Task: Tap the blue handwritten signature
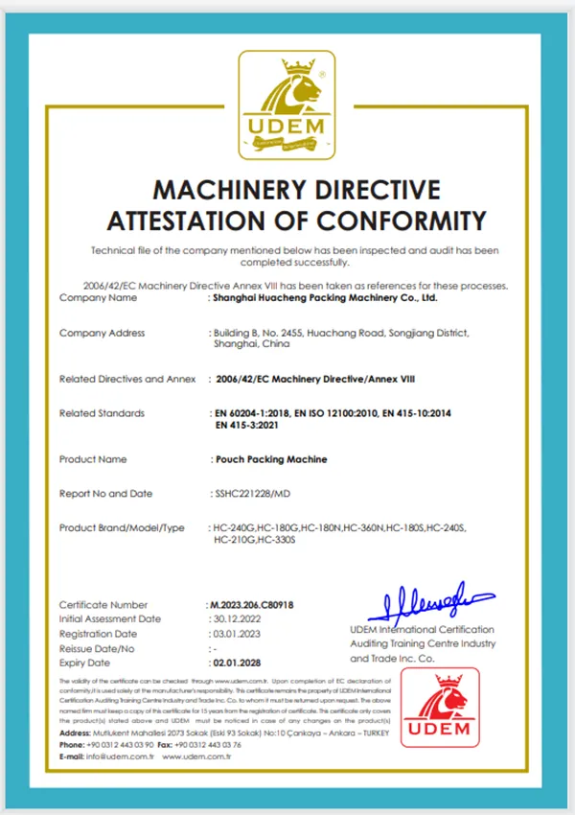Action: coord(425,601)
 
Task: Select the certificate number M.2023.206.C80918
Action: coord(251,605)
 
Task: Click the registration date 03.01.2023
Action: coord(234,634)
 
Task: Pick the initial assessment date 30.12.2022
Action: coord(235,619)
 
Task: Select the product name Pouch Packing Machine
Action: coord(271,459)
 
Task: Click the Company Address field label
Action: coord(103,334)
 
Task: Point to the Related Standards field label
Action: coord(103,413)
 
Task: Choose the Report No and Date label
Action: coord(106,494)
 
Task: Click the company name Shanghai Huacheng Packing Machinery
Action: coord(325,298)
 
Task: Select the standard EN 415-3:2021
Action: coord(252,425)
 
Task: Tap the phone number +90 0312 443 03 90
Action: coord(122,744)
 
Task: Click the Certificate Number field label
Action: coord(103,605)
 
